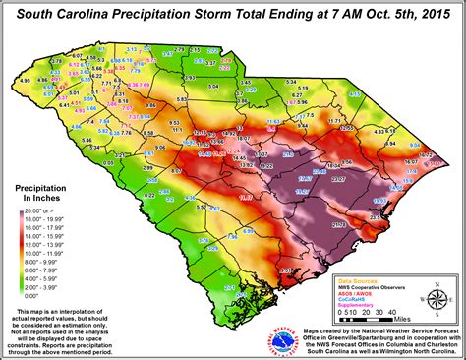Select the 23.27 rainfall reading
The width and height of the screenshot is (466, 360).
click(x=338, y=180)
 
